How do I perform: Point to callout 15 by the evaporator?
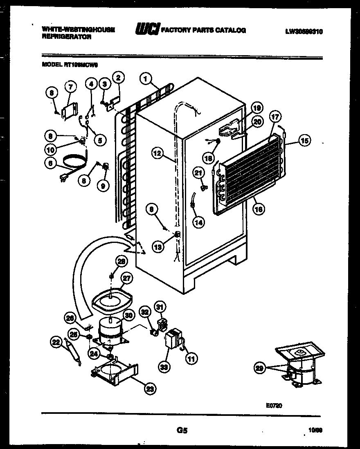[304, 141]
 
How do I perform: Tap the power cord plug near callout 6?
[63, 177]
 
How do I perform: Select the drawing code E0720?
[274, 405]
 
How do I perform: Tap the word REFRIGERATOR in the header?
[66, 36]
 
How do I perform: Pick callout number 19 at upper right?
[256, 108]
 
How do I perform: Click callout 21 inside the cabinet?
[198, 173]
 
